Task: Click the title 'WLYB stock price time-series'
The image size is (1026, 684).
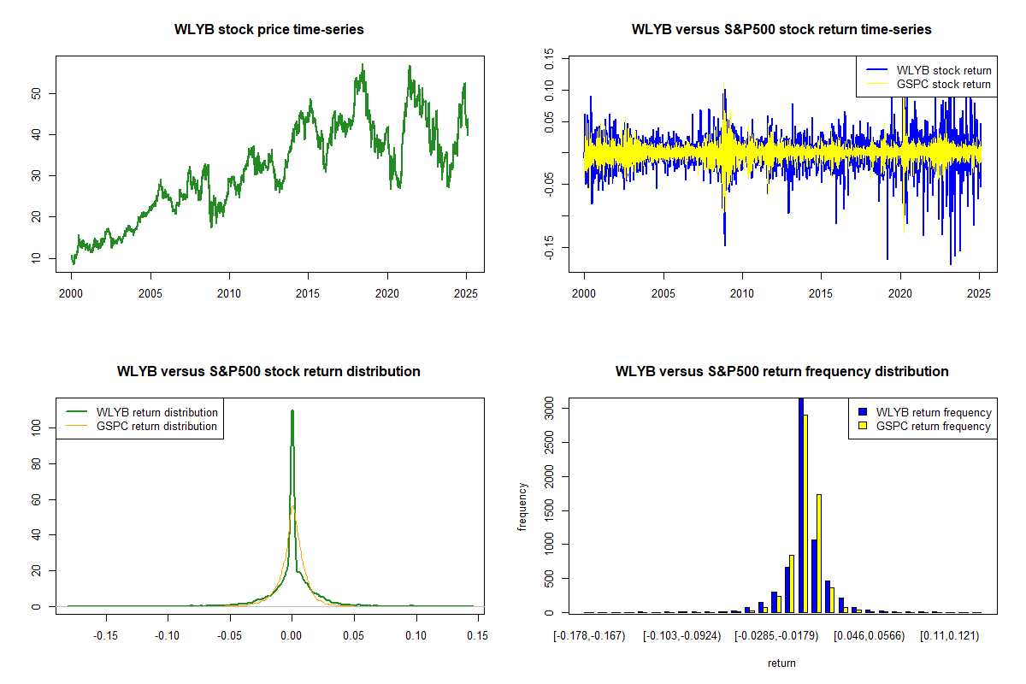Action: click(x=268, y=30)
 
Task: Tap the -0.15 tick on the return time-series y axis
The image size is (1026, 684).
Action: click(x=551, y=248)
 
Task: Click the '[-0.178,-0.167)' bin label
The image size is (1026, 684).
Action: click(x=589, y=635)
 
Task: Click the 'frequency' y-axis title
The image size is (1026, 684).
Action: click(x=523, y=506)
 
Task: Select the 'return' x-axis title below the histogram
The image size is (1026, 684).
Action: click(x=781, y=663)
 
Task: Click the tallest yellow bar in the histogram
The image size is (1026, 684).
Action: click(x=805, y=513)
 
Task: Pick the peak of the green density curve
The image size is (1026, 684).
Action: click(x=292, y=411)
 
